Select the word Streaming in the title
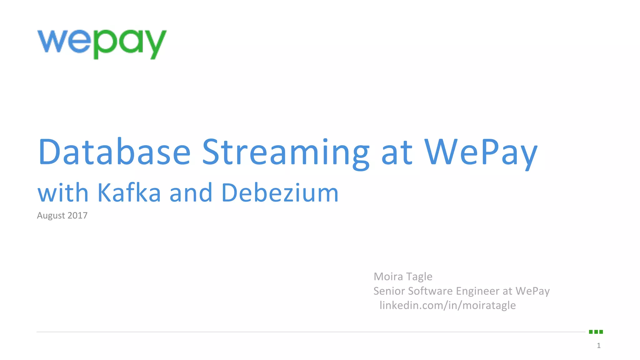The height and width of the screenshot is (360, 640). (286, 152)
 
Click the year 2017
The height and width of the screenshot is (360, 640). (77, 215)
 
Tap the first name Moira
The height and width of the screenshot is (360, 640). (388, 277)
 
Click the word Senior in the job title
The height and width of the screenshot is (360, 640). (389, 291)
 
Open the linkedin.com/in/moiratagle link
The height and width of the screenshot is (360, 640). (447, 305)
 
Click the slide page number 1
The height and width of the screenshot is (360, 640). (598, 345)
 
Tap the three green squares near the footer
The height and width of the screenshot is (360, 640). (596, 332)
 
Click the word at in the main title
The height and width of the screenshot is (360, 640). (397, 152)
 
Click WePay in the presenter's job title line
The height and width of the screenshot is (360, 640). (532, 291)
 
